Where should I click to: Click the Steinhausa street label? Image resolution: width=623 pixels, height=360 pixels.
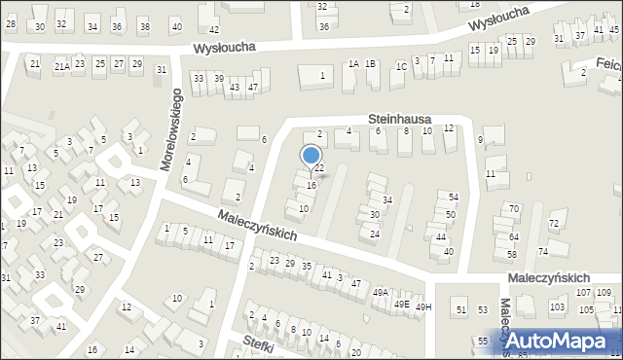[399, 119]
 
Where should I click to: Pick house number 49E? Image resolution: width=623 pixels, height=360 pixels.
[401, 304]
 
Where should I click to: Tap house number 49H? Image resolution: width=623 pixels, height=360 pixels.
[423, 306]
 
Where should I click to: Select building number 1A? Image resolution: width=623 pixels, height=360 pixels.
[353, 64]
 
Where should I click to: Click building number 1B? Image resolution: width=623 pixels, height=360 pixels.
[371, 64]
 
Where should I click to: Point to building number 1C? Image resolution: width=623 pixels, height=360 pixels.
[400, 66]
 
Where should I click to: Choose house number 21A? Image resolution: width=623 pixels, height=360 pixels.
[61, 66]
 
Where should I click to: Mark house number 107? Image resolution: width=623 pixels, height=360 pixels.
[581, 292]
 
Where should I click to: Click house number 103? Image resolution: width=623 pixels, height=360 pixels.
[557, 306]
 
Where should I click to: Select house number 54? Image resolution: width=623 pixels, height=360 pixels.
[454, 198]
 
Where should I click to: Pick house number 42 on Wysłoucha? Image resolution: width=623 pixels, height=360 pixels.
[214, 32]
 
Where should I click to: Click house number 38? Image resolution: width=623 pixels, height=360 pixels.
[144, 26]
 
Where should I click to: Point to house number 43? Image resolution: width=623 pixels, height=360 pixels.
[235, 88]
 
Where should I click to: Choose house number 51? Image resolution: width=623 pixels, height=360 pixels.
[461, 309]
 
